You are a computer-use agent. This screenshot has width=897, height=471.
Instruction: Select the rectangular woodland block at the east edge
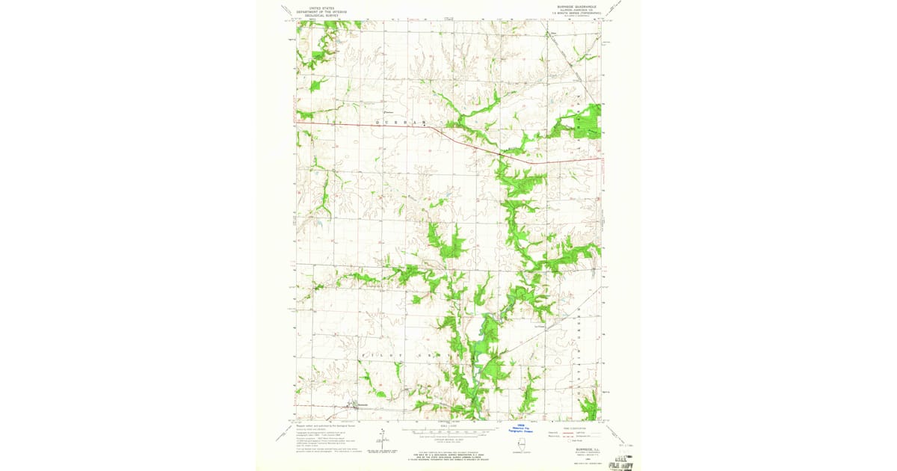[x=591, y=120]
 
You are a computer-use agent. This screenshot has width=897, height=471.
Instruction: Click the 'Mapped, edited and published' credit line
[x=321, y=426]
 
